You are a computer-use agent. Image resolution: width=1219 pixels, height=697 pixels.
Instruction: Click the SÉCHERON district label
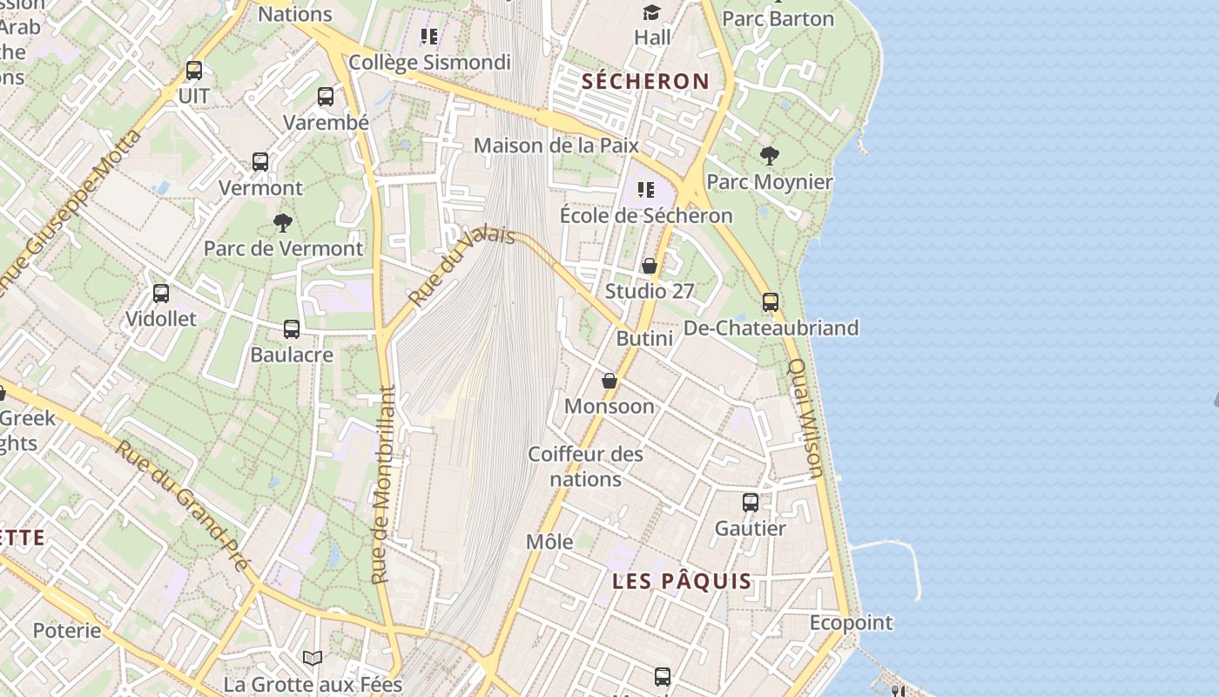[x=645, y=82]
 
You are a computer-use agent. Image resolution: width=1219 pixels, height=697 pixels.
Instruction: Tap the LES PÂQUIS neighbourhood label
[x=682, y=581]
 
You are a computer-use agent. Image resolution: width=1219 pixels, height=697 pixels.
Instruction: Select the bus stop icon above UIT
[x=194, y=71]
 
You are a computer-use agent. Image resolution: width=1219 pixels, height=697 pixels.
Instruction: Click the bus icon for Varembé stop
[x=326, y=97]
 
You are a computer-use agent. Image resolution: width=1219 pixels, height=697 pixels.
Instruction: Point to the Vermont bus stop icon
[x=260, y=161]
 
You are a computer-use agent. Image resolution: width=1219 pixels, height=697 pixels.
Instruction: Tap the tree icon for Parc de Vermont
[x=283, y=223]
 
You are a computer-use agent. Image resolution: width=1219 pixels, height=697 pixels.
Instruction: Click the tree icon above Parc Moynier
[x=769, y=156]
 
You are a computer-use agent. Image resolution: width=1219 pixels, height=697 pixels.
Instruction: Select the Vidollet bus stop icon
[x=161, y=294]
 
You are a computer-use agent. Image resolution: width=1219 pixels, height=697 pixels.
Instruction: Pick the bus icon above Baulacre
[x=292, y=329]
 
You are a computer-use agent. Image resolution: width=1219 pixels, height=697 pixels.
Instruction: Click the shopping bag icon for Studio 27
[x=650, y=266]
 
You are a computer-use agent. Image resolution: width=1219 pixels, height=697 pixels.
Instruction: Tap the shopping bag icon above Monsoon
[x=609, y=381]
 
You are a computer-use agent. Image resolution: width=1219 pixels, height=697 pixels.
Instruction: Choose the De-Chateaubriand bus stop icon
[x=771, y=302]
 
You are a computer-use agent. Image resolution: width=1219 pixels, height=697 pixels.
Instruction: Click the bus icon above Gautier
[x=751, y=503]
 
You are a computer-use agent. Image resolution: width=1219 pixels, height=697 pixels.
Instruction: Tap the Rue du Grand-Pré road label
[x=183, y=505]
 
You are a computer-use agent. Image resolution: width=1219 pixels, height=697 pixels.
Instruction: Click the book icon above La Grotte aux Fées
[x=313, y=658]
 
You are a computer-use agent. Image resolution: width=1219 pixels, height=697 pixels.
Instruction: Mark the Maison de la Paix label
[x=556, y=145]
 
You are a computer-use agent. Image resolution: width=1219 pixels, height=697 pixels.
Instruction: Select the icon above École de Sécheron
[x=645, y=190]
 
